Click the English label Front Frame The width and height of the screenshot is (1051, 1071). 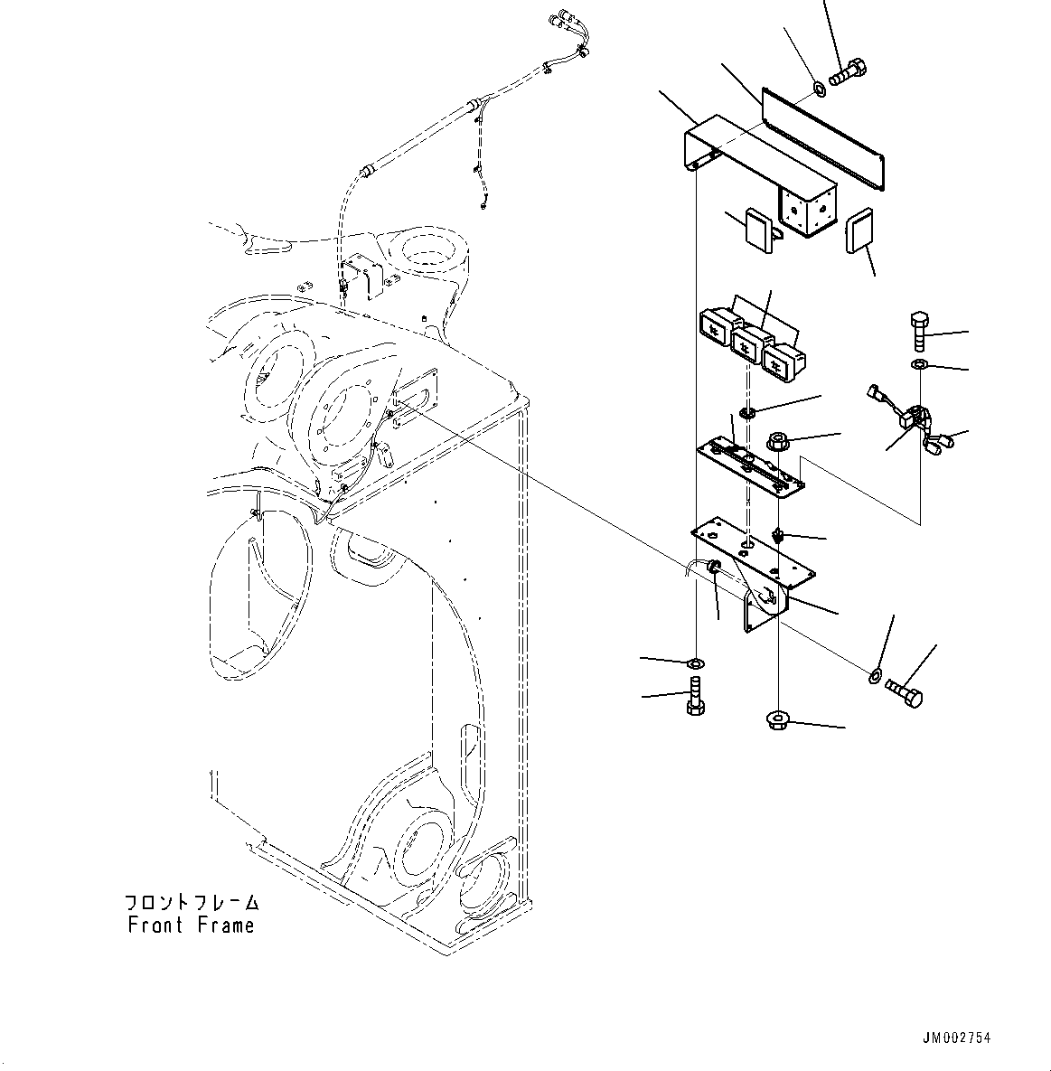click(x=191, y=925)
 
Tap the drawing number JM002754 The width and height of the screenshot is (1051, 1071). click(x=956, y=1038)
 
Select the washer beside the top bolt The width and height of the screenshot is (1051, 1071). click(x=820, y=89)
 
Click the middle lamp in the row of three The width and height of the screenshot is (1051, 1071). click(x=747, y=343)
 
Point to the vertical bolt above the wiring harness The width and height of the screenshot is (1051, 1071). click(x=919, y=334)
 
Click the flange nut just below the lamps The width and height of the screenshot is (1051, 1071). click(x=778, y=442)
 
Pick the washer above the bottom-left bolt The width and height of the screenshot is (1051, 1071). click(x=695, y=664)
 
